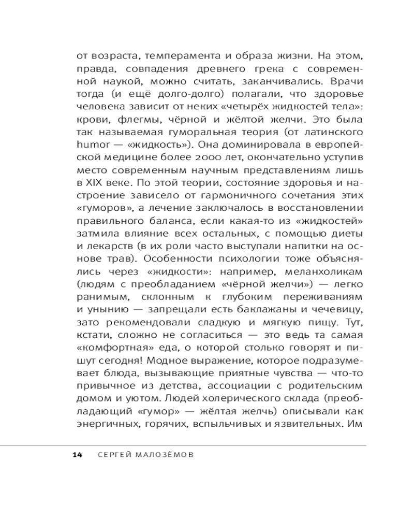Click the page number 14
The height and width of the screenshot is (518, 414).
(x=77, y=455)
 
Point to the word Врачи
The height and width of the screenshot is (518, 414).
(x=348, y=81)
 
